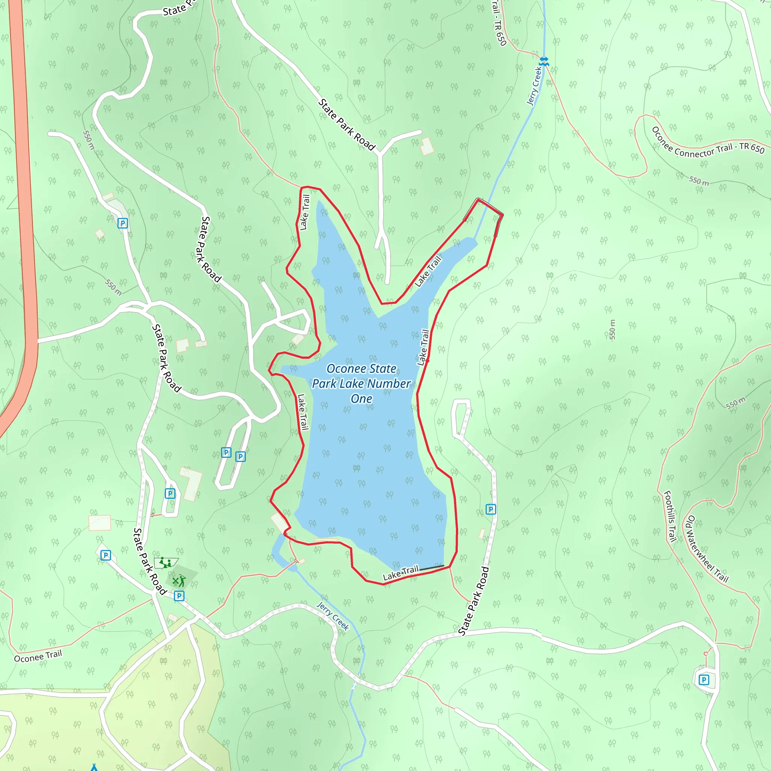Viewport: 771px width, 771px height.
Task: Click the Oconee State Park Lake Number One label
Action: click(361, 383)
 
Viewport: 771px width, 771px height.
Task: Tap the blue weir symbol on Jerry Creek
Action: click(544, 61)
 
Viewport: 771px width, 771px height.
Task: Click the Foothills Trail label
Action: click(670, 516)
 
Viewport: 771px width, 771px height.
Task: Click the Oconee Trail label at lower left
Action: click(38, 656)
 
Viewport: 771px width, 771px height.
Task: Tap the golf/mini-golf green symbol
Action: click(179, 581)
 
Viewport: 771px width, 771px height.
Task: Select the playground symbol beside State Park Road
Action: click(165, 563)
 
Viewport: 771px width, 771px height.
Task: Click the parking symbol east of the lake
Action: click(491, 509)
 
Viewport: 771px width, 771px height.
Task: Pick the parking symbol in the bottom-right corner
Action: click(704, 680)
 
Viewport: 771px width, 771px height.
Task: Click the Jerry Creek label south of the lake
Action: click(333, 616)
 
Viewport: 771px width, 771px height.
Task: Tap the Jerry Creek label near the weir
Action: click(534, 86)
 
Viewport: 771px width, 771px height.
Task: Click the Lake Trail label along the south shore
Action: click(400, 573)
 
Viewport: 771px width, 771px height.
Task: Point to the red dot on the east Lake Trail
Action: click(427, 361)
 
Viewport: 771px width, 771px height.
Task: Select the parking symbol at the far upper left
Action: click(122, 223)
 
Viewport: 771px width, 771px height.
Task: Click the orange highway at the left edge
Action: click(25, 200)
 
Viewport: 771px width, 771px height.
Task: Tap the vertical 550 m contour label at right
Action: click(612, 330)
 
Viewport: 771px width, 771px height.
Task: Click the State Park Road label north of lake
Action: click(346, 125)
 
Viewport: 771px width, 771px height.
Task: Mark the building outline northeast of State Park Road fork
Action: click(427, 146)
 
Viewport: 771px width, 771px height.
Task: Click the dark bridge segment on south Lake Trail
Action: click(431, 567)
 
